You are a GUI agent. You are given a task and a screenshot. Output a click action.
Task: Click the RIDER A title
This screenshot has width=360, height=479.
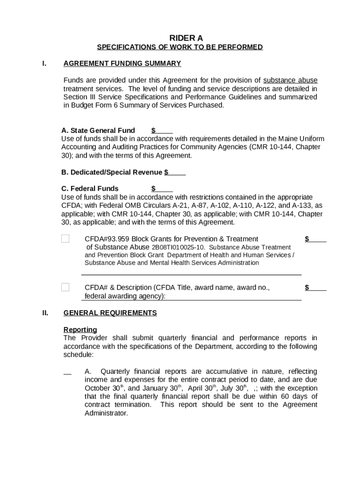[180, 38]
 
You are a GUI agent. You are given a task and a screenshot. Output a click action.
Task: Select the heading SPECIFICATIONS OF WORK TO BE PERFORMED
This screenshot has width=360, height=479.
[180, 47]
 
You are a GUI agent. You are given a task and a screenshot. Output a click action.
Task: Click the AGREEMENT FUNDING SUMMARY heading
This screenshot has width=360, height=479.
[122, 64]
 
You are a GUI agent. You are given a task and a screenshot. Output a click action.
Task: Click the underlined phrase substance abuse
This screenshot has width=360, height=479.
[290, 80]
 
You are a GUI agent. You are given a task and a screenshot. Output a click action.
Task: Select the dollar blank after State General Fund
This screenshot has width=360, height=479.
[162, 131]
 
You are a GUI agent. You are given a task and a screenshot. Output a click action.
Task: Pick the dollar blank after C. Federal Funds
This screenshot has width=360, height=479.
[162, 189]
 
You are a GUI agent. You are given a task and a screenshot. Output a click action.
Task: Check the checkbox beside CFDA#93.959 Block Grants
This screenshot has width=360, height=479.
[65, 239]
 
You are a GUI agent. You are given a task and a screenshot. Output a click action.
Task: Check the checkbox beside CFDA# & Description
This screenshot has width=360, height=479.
[65, 287]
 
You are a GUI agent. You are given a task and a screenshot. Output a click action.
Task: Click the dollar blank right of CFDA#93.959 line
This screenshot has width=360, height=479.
[316, 239]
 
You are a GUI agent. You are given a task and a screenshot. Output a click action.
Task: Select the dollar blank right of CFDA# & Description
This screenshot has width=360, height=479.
[316, 287]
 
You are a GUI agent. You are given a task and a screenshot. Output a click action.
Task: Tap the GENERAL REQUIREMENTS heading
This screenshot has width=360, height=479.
[110, 313]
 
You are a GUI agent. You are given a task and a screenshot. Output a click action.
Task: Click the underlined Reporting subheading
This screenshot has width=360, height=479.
[80, 330]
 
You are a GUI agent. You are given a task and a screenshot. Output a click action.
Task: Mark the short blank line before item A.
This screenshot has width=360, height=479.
[67, 373]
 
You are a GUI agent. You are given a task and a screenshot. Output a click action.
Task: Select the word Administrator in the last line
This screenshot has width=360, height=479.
[106, 414]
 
